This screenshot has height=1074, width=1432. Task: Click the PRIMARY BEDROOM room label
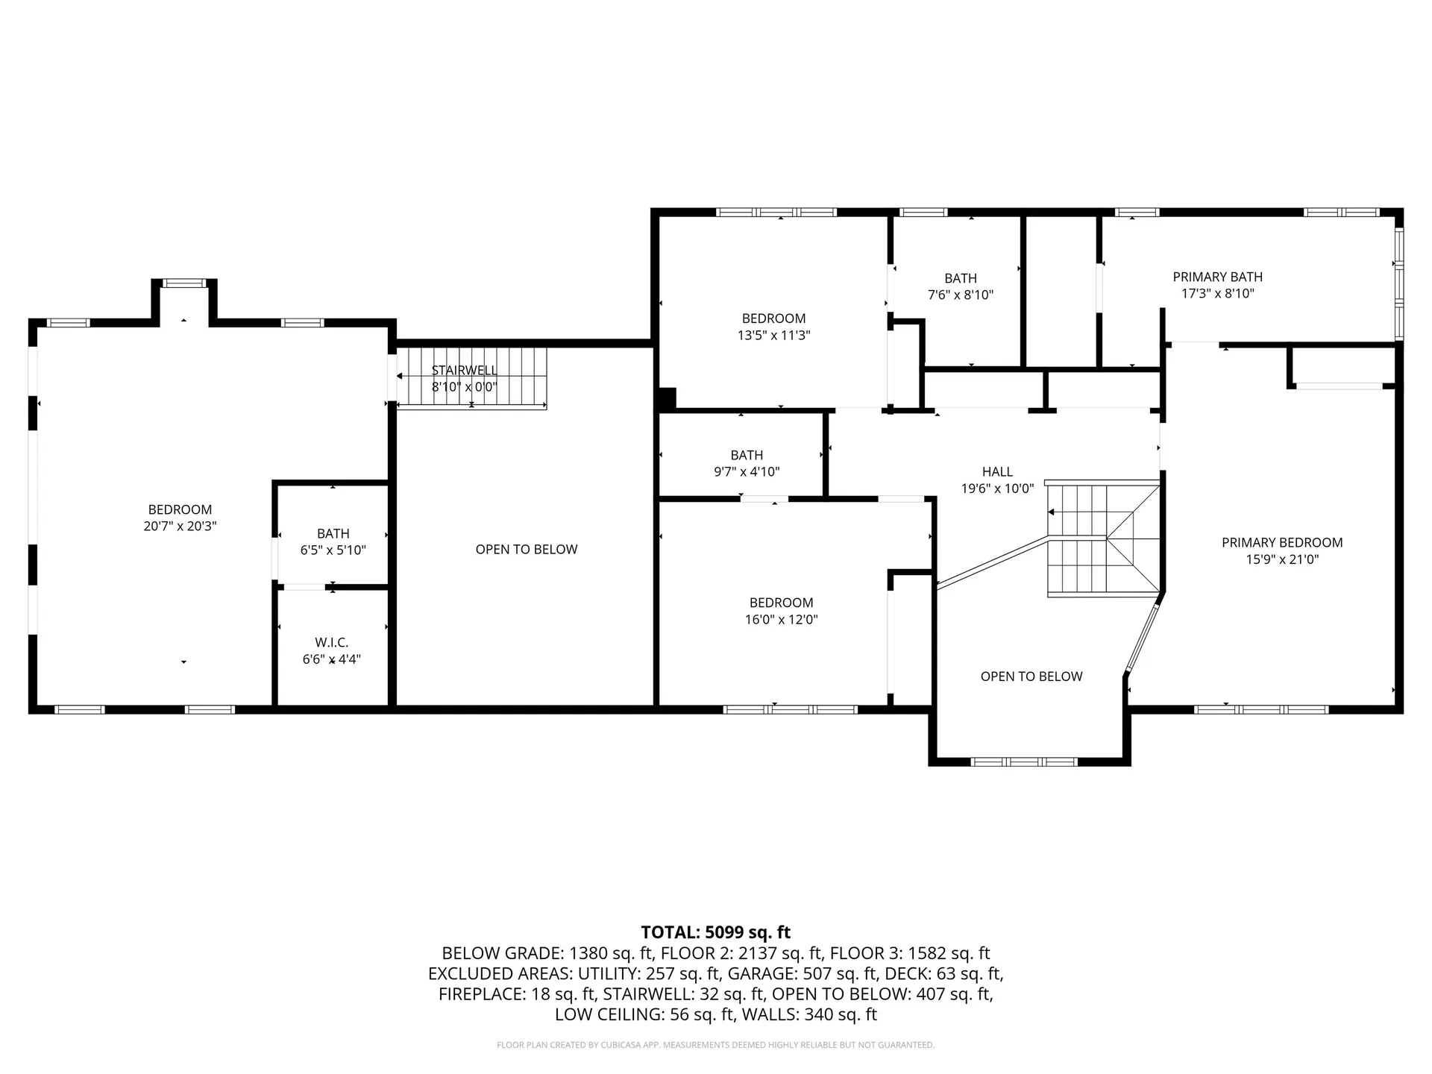[1281, 543]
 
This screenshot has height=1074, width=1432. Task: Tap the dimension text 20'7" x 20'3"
[180, 527]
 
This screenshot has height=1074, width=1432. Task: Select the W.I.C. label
[331, 642]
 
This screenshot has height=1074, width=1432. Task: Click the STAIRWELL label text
[464, 371]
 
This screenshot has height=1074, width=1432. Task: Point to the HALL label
[997, 472]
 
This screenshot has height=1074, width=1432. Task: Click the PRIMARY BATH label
[1217, 277]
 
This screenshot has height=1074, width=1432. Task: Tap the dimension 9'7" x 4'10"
[747, 472]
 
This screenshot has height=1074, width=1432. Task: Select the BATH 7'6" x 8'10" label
[960, 278]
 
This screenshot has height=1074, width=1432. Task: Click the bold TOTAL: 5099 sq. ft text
[715, 932]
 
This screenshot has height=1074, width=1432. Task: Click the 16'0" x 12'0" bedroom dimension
[781, 620]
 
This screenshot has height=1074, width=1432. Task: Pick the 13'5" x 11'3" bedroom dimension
[773, 336]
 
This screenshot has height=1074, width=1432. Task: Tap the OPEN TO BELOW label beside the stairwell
[527, 550]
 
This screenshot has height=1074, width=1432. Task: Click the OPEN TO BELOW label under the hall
[1031, 676]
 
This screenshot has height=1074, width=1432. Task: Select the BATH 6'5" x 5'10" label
[333, 534]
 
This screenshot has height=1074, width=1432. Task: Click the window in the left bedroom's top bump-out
[184, 283]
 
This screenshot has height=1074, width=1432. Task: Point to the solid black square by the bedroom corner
[667, 398]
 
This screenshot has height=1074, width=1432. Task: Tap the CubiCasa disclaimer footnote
[715, 1045]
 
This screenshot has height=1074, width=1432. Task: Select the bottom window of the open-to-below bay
[1024, 761]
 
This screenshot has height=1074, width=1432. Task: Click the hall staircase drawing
[1102, 538]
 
